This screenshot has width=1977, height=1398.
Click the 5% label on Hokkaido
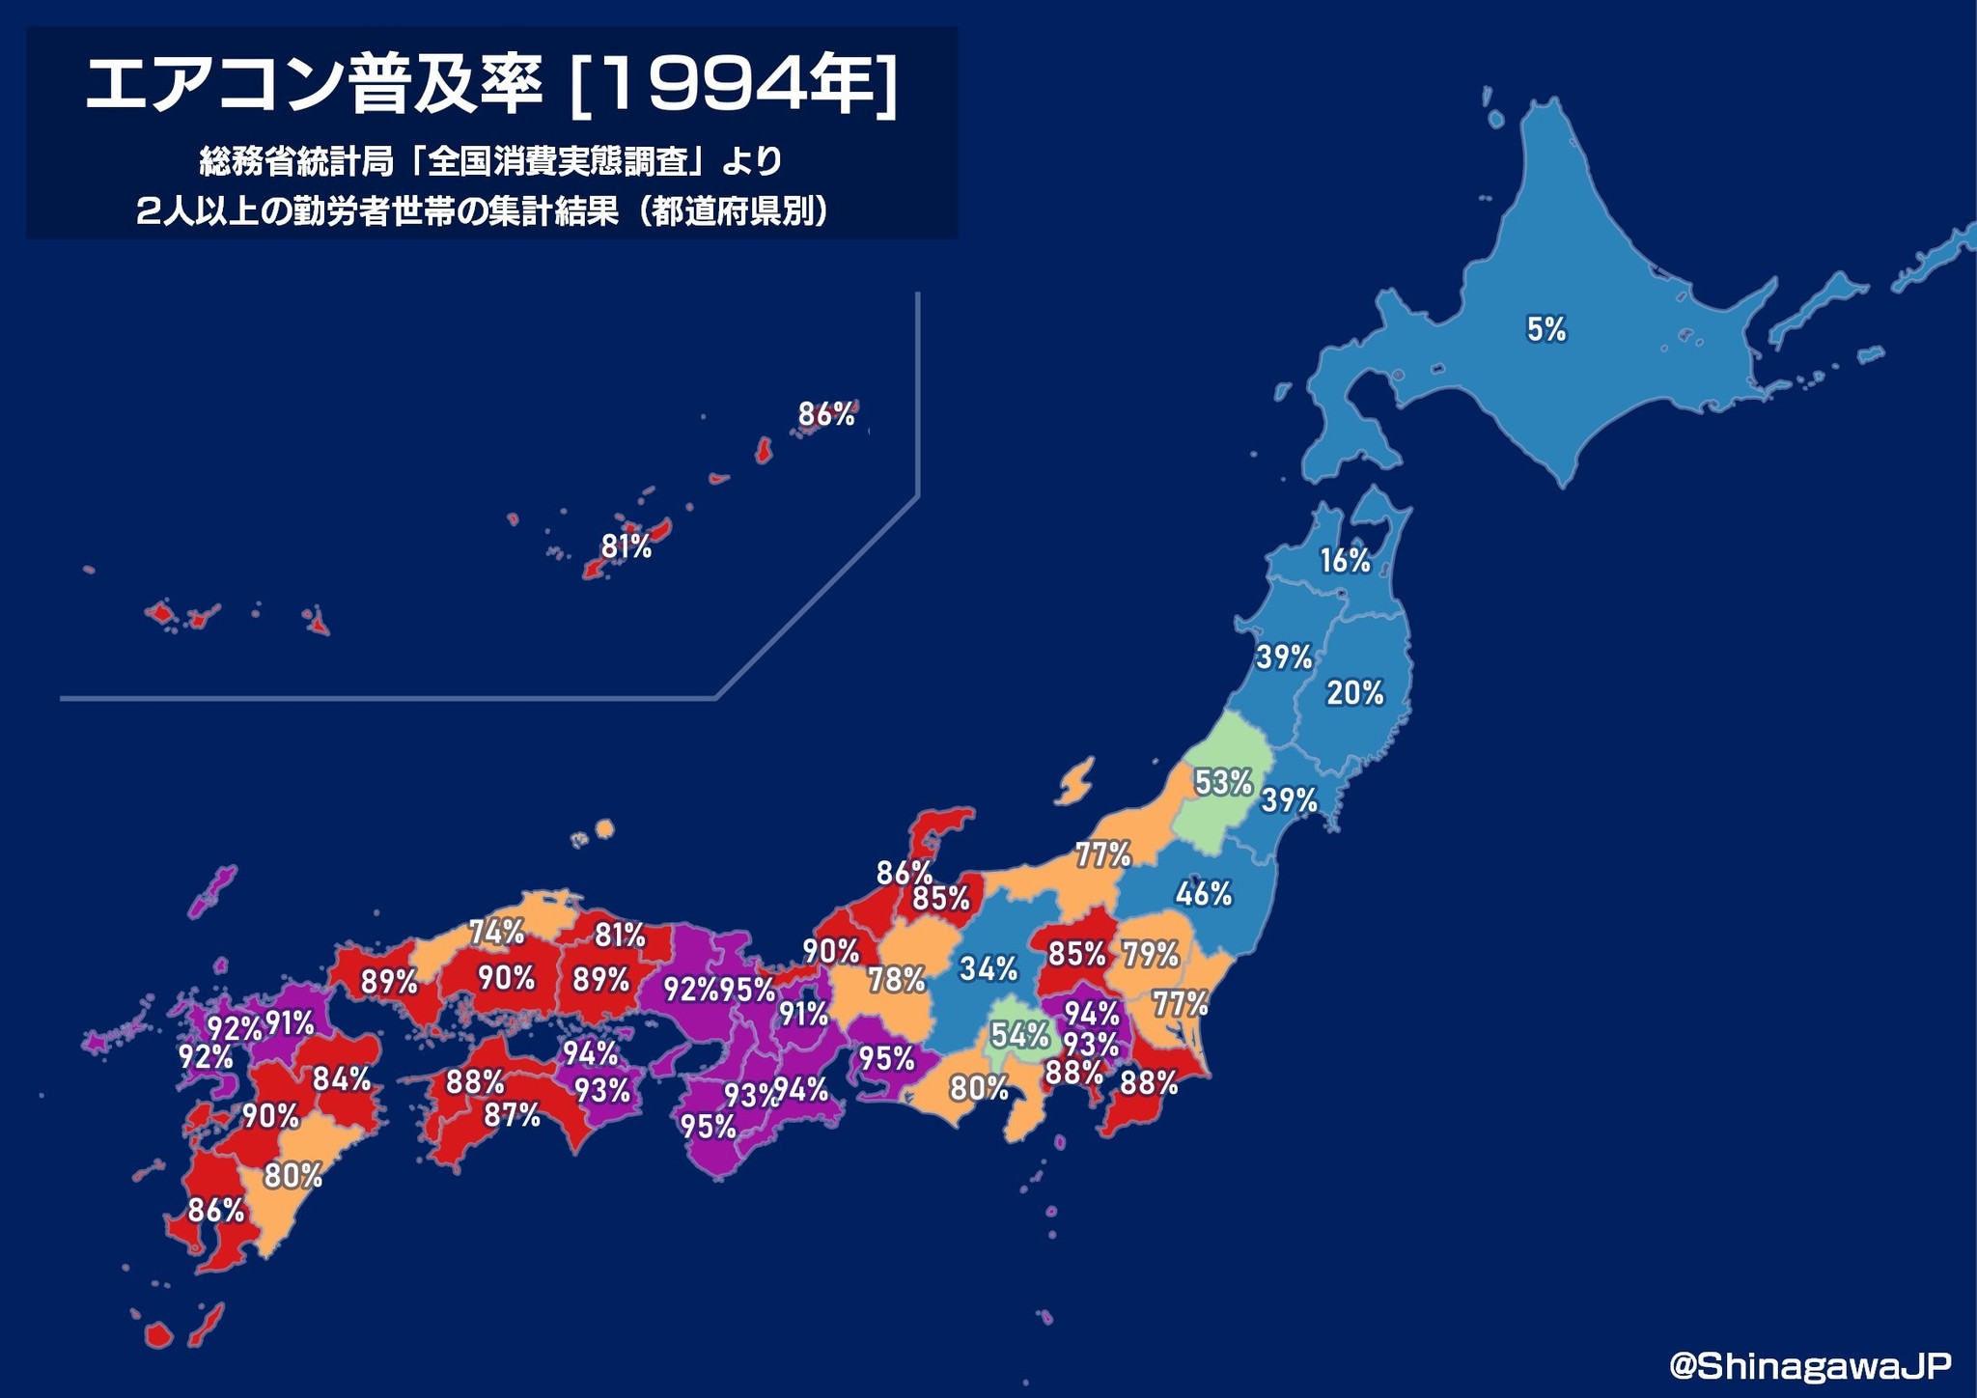(x=1545, y=330)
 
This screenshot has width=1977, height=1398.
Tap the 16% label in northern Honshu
(x=1346, y=560)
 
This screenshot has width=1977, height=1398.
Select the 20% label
(x=1354, y=692)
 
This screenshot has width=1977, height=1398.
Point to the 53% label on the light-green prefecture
(x=1222, y=782)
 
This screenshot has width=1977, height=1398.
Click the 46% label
(x=1204, y=895)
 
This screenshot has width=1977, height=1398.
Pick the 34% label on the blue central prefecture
(x=988, y=968)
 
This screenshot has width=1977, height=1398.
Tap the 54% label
(x=1019, y=1035)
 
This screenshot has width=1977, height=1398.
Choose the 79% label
(x=1150, y=955)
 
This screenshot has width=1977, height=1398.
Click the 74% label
(x=497, y=932)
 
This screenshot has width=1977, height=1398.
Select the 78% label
(x=897, y=980)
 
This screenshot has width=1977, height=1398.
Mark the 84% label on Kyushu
(x=342, y=1078)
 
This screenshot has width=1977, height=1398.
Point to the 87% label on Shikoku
(x=512, y=1116)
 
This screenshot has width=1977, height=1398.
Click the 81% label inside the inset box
(x=627, y=547)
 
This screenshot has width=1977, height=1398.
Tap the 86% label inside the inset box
(x=826, y=415)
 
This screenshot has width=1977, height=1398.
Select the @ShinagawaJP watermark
(x=1810, y=1364)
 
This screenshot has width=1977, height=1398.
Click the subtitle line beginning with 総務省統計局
(x=490, y=161)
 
